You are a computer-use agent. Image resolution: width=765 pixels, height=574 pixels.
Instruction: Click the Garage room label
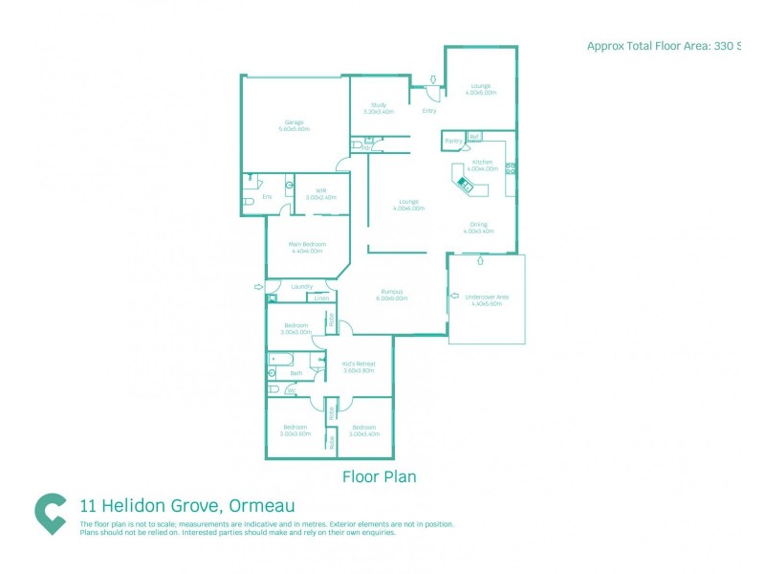(294, 124)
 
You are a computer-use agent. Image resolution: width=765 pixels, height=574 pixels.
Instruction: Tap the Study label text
(379, 107)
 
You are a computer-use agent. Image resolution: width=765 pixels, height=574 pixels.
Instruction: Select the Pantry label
(453, 141)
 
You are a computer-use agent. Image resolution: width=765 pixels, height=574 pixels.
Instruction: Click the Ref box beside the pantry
(473, 137)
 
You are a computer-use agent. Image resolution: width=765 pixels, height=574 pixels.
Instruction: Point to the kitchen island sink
(466, 183)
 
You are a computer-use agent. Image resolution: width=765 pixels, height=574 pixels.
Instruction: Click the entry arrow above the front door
(432, 80)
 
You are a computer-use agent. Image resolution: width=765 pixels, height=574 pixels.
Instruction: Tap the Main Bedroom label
(307, 247)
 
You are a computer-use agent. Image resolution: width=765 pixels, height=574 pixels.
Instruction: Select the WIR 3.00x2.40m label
(320, 193)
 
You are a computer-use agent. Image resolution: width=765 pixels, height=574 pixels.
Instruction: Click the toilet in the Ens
(248, 202)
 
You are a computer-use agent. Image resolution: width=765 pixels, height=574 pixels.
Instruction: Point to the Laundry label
(302, 286)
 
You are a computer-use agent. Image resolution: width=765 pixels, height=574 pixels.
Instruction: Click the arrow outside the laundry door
(258, 286)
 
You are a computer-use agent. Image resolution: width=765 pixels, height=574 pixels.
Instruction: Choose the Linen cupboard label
(321, 298)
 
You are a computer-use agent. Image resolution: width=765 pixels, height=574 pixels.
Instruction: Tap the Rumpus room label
(392, 295)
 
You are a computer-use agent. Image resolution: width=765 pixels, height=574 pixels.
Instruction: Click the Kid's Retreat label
(359, 366)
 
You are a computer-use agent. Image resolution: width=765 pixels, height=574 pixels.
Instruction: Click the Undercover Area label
(487, 299)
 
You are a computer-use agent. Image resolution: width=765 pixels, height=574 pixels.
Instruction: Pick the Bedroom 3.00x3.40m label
(364, 430)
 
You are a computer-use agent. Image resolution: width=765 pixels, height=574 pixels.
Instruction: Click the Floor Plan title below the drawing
(379, 475)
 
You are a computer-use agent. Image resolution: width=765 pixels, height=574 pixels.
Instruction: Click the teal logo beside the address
(50, 513)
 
